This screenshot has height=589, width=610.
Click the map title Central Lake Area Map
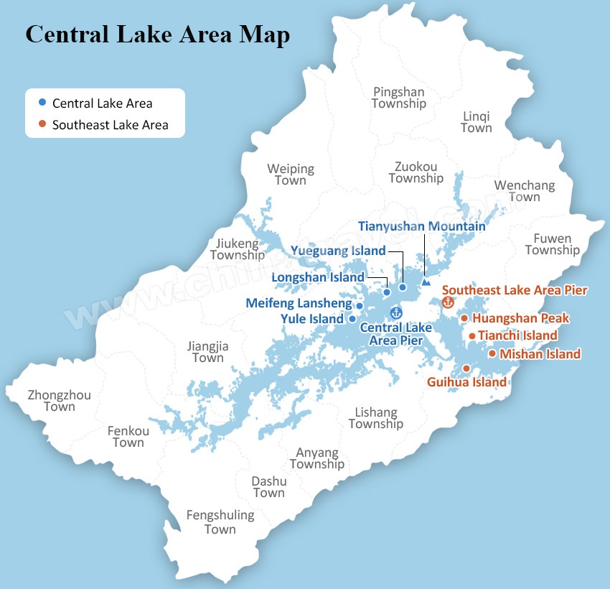click(158, 34)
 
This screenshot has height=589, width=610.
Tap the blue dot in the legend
click(43, 103)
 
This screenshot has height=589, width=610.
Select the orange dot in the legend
click(43, 124)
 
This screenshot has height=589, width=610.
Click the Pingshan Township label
click(398, 98)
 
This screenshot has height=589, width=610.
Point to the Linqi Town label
click(477, 122)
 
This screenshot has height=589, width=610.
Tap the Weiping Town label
click(291, 175)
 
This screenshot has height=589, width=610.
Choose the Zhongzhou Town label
click(59, 401)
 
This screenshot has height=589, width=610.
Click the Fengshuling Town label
click(220, 522)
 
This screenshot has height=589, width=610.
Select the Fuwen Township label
click(552, 244)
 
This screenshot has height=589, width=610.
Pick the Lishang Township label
click(376, 418)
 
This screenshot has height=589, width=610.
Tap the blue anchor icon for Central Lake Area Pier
click(395, 312)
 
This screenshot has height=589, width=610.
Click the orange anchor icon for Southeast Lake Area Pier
click(449, 302)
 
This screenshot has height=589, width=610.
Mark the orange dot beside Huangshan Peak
click(464, 318)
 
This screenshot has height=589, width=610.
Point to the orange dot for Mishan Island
click(492, 353)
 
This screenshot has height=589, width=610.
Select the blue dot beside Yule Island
click(352, 319)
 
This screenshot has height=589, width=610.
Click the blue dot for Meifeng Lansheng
click(360, 306)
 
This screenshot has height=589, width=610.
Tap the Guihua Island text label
click(466, 382)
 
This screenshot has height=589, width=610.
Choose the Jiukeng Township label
click(238, 250)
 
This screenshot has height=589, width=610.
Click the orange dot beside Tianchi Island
click(471, 335)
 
